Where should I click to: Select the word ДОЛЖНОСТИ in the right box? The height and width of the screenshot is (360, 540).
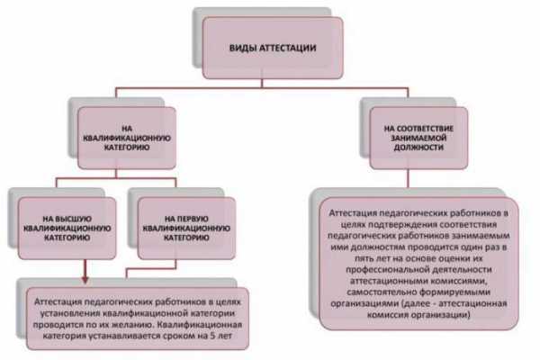tap(418, 148)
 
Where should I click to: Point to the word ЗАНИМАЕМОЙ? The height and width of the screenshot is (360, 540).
tap(418, 138)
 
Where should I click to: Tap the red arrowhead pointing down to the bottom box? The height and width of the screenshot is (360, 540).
tap(85, 279)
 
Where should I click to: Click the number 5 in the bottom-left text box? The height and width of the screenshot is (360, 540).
tap(211, 336)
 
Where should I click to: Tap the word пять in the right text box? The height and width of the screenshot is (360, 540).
tap(363, 258)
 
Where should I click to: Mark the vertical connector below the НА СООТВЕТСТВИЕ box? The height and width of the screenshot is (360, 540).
tap(409, 178)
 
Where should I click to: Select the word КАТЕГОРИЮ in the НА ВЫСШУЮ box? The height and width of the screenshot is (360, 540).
tap(67, 238)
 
